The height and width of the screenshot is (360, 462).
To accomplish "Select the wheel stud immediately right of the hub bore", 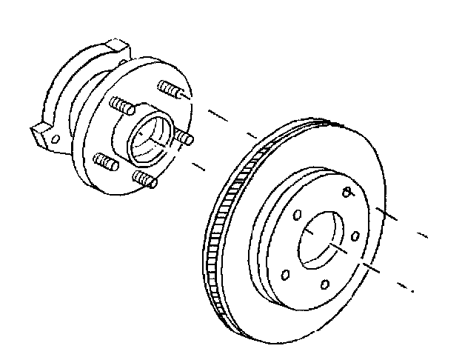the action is click(x=184, y=138).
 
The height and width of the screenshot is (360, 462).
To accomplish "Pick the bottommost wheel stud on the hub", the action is click(x=143, y=179).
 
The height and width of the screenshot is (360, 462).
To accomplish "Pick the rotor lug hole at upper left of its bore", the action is click(x=296, y=216).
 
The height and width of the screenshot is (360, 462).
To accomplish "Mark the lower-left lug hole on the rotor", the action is click(x=286, y=276).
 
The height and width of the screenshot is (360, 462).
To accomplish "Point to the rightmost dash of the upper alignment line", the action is click(x=423, y=236).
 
